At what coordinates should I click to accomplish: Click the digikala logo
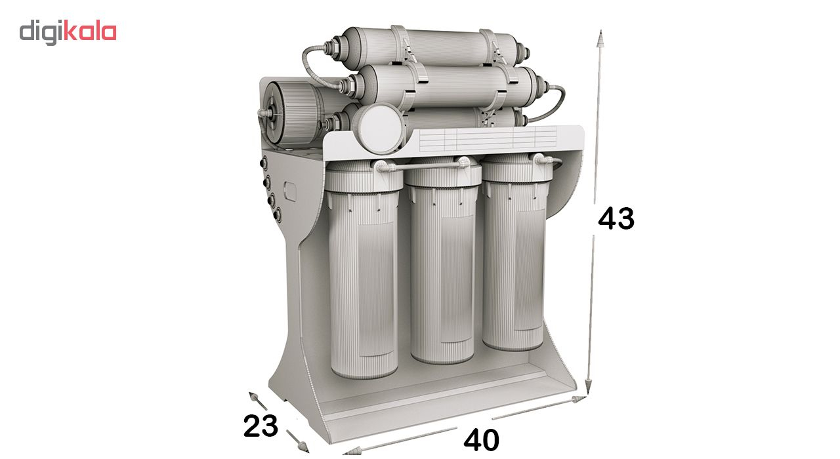[68, 33]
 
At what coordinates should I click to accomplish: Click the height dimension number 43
[616, 218]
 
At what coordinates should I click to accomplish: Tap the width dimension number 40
[481, 440]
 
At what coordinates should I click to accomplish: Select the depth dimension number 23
[261, 426]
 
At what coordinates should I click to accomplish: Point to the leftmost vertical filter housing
[363, 269]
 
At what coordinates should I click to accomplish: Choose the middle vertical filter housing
[442, 262]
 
